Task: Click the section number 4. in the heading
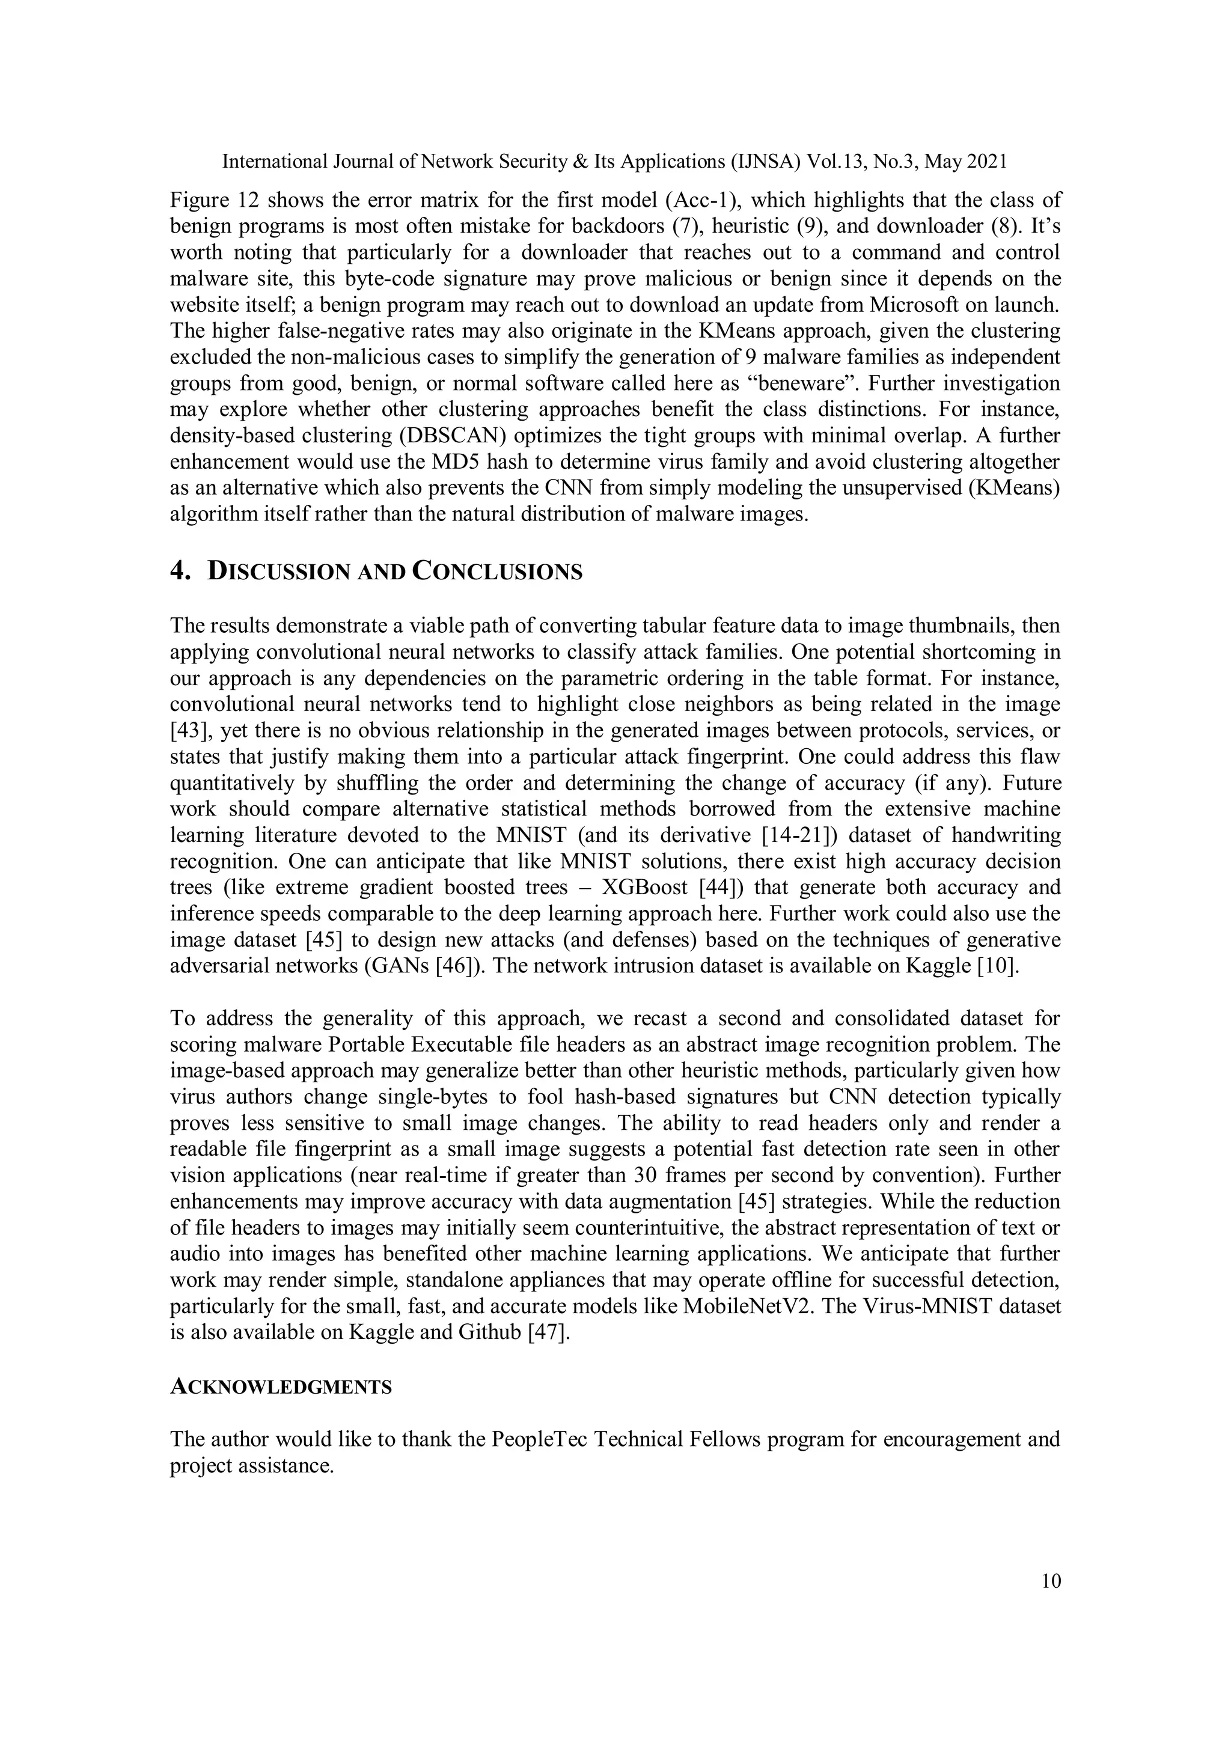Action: pos(180,571)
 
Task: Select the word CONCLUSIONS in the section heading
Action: pos(497,571)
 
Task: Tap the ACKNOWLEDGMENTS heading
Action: pos(281,1387)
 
